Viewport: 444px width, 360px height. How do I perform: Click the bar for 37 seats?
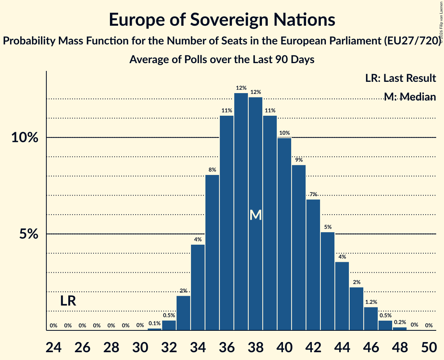[x=241, y=212]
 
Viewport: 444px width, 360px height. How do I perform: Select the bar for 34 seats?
[x=198, y=287]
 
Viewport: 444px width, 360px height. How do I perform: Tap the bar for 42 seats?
[x=313, y=265]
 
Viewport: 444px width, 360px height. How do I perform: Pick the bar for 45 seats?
[x=357, y=309]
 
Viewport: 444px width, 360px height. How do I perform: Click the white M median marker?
[x=255, y=215]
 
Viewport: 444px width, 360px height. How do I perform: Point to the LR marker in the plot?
[x=68, y=301]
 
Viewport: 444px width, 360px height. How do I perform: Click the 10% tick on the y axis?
[x=25, y=138]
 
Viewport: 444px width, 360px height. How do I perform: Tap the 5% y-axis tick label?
[x=28, y=234]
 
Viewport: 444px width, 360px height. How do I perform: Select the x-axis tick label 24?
[x=53, y=347]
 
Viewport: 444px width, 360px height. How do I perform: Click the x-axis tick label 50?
[x=429, y=347]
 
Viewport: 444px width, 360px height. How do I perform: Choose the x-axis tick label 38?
[x=255, y=347]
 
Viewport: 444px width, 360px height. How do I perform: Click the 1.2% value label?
[x=371, y=302]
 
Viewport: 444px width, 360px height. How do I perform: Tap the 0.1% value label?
[x=155, y=323]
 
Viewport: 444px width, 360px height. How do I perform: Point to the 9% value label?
[x=299, y=160]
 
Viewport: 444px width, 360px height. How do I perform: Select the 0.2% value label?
[x=400, y=322]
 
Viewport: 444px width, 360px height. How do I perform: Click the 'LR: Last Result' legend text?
[x=400, y=78]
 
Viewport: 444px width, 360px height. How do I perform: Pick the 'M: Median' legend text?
[x=410, y=97]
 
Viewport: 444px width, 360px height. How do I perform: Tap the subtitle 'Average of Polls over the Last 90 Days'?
[x=222, y=60]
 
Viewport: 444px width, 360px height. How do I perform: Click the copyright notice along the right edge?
[x=441, y=22]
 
